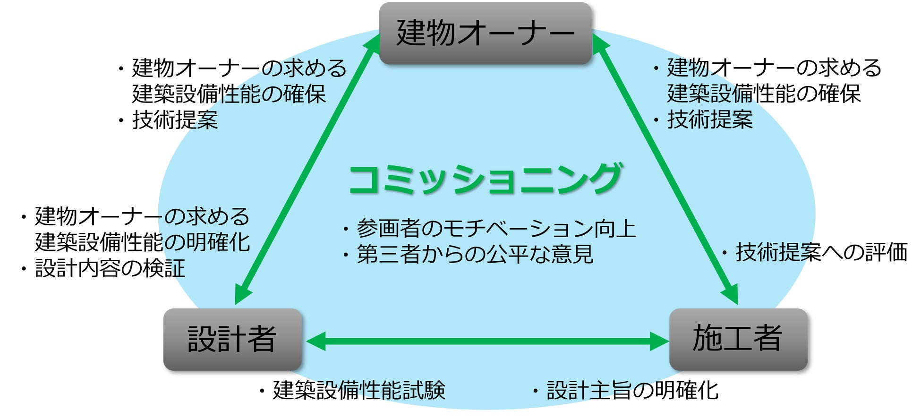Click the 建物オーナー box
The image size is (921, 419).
coord(485,33)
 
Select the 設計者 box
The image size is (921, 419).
coord(232,339)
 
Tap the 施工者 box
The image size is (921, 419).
coord(738,339)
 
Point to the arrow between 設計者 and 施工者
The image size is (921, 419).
coord(486,341)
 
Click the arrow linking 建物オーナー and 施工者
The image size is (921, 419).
coord(665,170)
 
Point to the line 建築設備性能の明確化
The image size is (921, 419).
coord(142,242)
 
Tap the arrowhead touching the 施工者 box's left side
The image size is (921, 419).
coord(659,341)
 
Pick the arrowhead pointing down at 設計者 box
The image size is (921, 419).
coord(242,295)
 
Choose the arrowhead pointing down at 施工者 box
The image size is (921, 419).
coord(730,295)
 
